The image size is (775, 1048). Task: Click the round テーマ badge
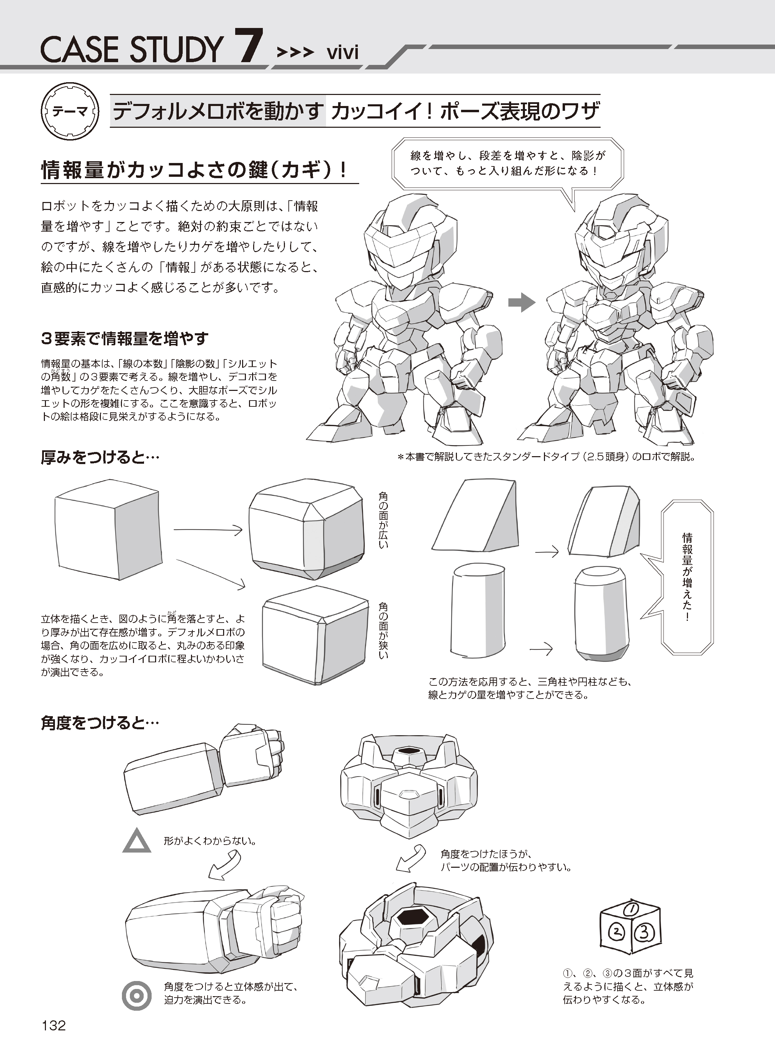(x=71, y=113)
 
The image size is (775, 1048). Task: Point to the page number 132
(x=54, y=1025)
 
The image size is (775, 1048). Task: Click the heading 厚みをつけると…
(x=100, y=458)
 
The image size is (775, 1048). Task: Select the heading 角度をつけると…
(x=100, y=723)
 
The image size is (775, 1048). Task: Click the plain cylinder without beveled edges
(x=478, y=610)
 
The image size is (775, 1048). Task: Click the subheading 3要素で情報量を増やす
(x=125, y=338)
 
